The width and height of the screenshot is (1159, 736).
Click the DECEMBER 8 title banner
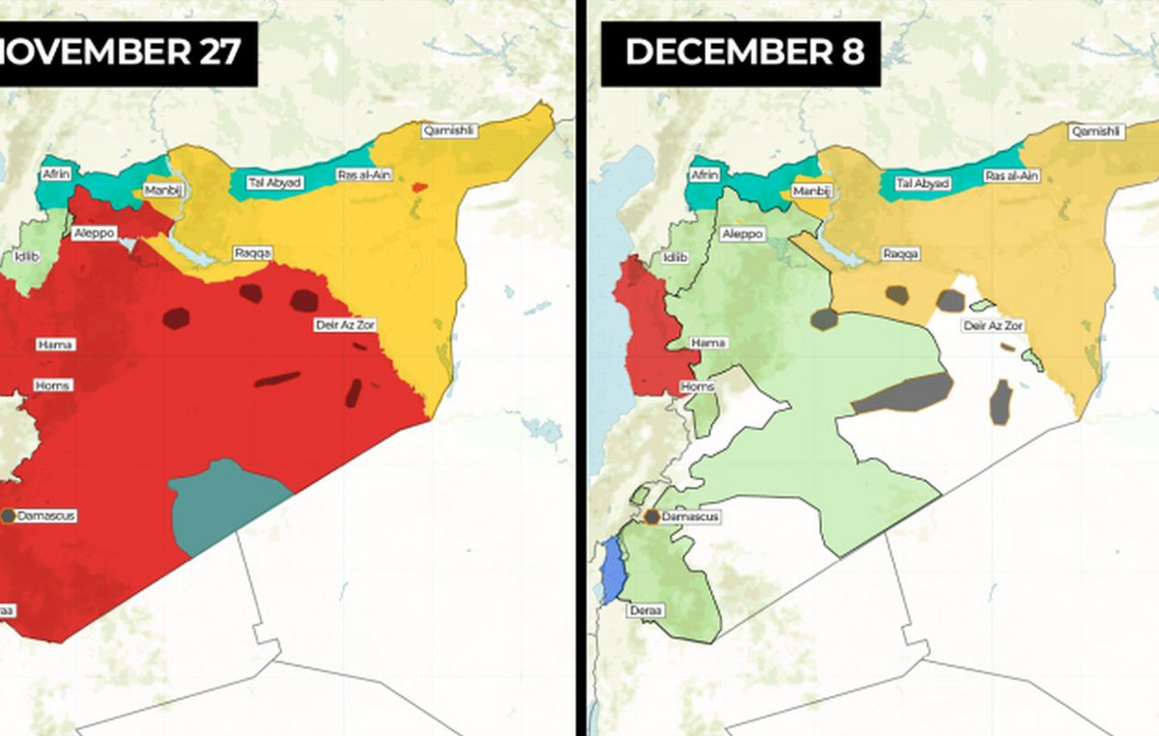pos(741,53)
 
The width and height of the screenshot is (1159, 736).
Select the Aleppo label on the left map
pos(94,234)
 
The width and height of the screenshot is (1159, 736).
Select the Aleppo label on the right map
pos(743,235)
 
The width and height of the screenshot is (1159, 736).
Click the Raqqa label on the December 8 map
pos(900,254)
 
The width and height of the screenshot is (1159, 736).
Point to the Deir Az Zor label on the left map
pos(345,325)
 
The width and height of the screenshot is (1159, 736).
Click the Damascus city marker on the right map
pos(652,517)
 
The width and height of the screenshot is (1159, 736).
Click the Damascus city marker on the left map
pos(8,516)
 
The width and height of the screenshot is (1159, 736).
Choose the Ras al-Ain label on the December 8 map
pos(1011,176)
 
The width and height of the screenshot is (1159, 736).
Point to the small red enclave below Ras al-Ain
pos(418,186)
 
